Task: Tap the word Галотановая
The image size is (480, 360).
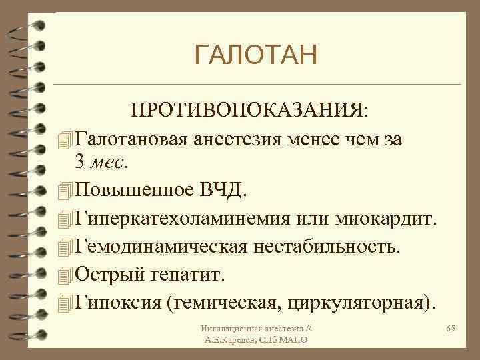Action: pyautogui.click(x=133, y=138)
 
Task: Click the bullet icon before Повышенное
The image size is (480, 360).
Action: pyautogui.click(x=64, y=192)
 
